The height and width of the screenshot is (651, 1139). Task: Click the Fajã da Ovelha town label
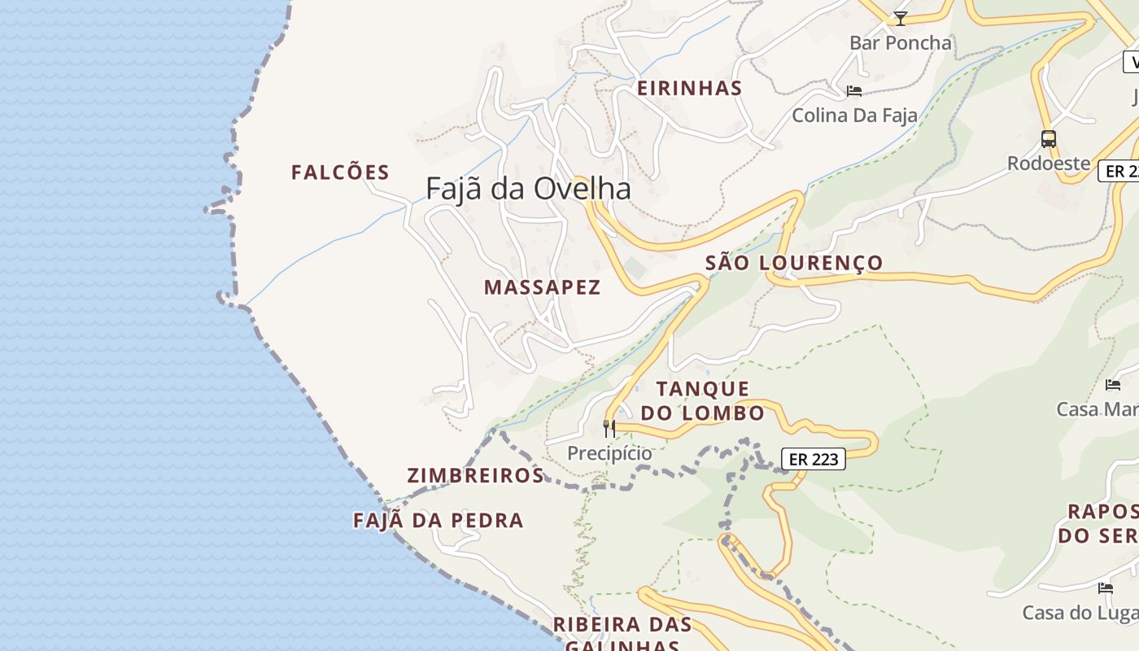(528, 189)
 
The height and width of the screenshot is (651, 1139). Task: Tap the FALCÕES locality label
(340, 173)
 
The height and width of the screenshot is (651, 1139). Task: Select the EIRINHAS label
(689, 89)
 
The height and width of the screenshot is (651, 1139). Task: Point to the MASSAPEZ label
(542, 287)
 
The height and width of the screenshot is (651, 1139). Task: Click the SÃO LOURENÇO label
(793, 263)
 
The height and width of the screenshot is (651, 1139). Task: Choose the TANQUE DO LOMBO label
(708, 401)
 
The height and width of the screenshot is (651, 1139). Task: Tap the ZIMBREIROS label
(475, 476)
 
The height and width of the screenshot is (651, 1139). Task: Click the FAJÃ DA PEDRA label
(438, 521)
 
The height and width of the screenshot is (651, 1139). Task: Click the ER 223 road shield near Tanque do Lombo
(814, 460)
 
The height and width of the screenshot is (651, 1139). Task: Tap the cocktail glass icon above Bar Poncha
(900, 18)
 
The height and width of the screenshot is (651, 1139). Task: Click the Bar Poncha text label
(900, 43)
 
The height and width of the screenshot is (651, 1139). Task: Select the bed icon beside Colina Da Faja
(853, 91)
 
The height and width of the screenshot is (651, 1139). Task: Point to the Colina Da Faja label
(854, 116)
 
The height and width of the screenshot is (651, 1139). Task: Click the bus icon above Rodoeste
(1049, 139)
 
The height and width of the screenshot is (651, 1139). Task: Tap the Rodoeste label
(1049, 164)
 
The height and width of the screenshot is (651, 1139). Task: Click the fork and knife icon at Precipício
(609, 428)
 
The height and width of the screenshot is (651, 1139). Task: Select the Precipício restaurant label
(609, 453)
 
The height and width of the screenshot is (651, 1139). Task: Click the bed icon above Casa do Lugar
(1105, 588)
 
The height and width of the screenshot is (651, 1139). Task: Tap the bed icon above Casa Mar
(1113, 385)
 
